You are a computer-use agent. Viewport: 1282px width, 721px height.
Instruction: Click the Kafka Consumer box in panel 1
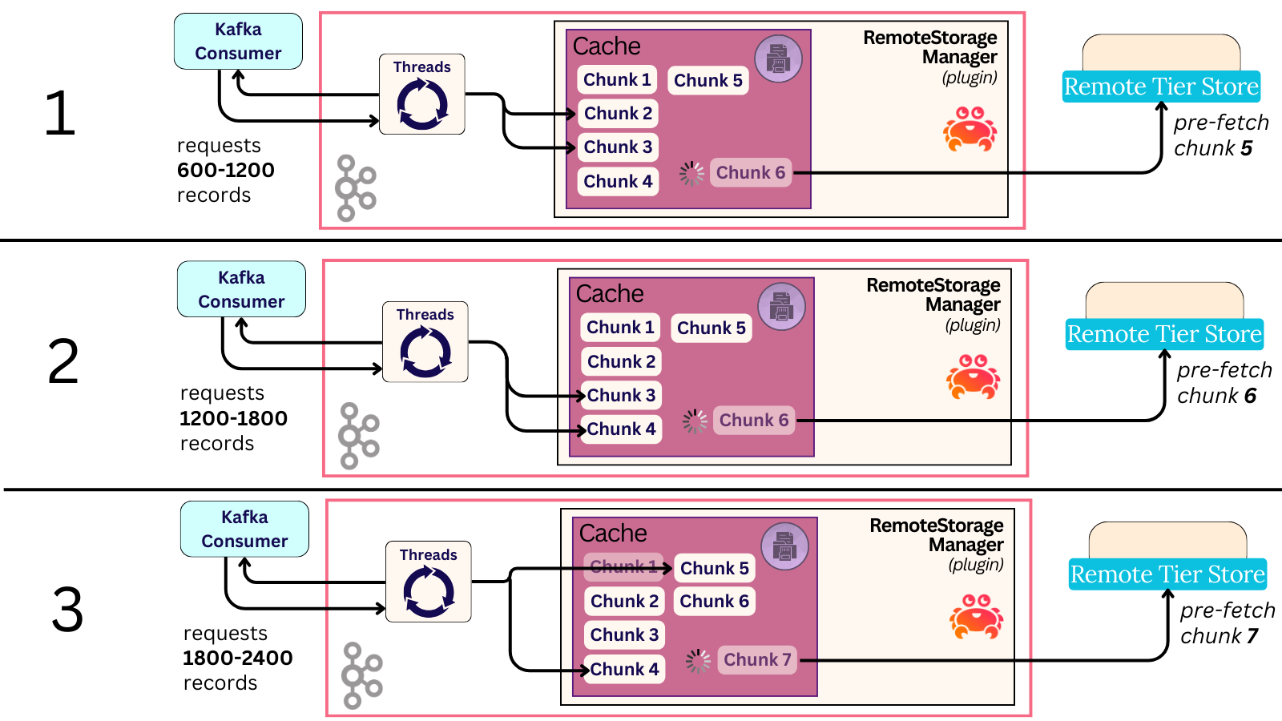(238, 41)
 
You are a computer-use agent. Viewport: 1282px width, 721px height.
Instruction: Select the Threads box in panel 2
(425, 342)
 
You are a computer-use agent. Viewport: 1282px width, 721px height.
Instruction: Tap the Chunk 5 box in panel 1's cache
(708, 80)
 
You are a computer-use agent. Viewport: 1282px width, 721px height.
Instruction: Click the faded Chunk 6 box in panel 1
(751, 172)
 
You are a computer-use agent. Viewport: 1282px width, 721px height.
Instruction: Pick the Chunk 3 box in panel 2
(621, 395)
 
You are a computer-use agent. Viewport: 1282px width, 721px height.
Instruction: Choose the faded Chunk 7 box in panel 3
(757, 660)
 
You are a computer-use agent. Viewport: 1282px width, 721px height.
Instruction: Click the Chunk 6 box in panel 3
(714, 601)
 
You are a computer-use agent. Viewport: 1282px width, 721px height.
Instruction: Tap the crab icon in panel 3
(976, 617)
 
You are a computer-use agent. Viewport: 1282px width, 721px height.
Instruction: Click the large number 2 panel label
(63, 362)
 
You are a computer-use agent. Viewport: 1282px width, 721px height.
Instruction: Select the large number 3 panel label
(67, 610)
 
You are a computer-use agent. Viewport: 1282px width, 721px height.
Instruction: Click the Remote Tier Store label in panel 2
(1164, 334)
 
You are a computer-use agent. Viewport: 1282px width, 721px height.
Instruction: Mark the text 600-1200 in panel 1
(226, 170)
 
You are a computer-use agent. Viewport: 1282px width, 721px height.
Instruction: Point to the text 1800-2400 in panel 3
(238, 658)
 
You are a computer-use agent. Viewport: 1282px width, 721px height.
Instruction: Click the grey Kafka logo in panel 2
(358, 436)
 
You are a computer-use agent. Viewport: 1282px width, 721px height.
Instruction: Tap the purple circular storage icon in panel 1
(778, 58)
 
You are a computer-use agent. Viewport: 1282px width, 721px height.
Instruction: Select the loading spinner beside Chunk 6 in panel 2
(695, 421)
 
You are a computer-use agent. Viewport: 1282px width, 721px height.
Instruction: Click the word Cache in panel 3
(613, 534)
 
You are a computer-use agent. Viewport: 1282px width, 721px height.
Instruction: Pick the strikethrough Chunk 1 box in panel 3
(623, 566)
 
